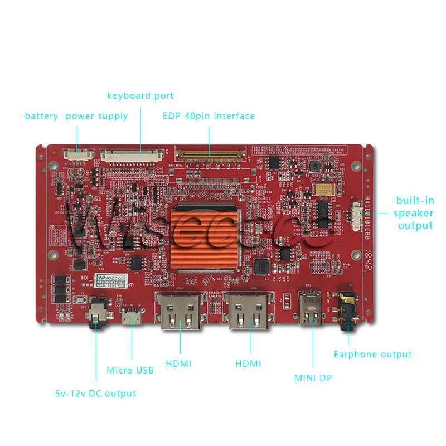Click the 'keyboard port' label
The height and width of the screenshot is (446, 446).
(140, 96)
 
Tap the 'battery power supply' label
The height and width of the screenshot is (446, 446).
(76, 116)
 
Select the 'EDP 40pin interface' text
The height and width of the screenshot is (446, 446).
(209, 116)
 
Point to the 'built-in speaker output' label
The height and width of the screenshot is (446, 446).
(415, 213)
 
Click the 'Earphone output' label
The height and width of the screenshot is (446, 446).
(372, 355)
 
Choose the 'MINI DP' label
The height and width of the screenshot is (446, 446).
(313, 378)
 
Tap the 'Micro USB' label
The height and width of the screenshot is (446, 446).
(130, 370)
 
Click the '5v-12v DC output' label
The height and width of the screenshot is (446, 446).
(95, 394)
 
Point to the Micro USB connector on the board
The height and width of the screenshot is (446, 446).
(132, 318)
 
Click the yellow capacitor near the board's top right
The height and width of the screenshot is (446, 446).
(323, 188)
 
